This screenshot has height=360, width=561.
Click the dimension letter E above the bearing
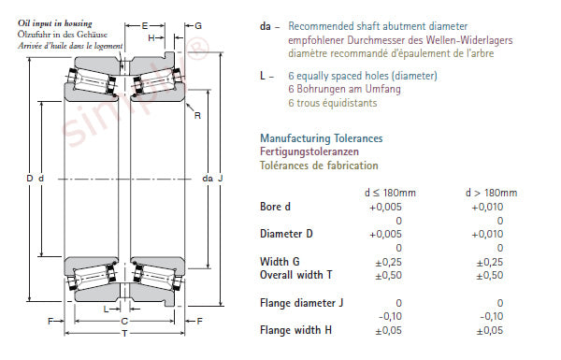pos(145,26)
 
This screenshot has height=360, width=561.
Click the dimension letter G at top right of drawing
pos(198,26)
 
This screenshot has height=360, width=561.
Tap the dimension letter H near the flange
pos(151,38)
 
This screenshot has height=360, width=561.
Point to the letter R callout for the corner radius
pos(197,116)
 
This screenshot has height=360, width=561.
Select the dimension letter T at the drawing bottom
pos(124,334)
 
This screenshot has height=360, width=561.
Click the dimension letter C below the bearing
pos(124,321)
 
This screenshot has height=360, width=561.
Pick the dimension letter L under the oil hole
pos(106,309)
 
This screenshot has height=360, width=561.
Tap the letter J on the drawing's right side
pos(221,179)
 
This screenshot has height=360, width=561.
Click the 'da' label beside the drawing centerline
pos(208,179)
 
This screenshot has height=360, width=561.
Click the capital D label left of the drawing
pos(30,179)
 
